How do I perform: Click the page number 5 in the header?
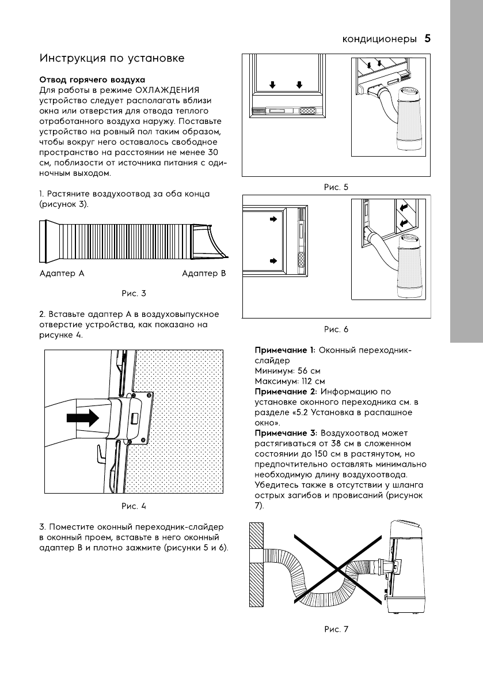click(428, 39)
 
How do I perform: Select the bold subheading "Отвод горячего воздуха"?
click(92, 79)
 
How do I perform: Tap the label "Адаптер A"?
click(62, 274)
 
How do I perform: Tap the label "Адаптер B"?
click(204, 274)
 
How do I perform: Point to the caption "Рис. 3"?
click(134, 293)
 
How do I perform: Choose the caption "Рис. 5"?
click(336, 187)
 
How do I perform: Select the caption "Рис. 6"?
click(336, 329)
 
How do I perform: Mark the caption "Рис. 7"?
click(336, 628)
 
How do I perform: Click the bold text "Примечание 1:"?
click(285, 350)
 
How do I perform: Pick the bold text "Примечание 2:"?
click(286, 391)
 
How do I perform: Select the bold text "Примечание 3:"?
click(286, 433)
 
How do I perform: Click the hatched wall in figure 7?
click(257, 564)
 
